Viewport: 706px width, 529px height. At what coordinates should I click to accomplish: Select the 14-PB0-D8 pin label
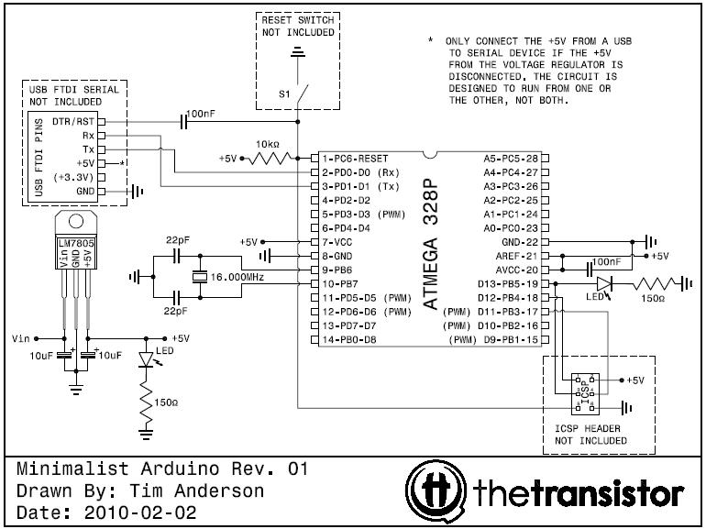tap(350, 339)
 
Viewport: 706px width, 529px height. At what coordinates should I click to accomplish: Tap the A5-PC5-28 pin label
tap(511, 158)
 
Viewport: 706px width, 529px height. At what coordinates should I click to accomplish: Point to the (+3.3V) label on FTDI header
tap(72, 176)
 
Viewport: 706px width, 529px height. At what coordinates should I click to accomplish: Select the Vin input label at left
tap(22, 337)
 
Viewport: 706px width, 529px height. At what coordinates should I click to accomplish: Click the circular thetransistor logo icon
tap(437, 488)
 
